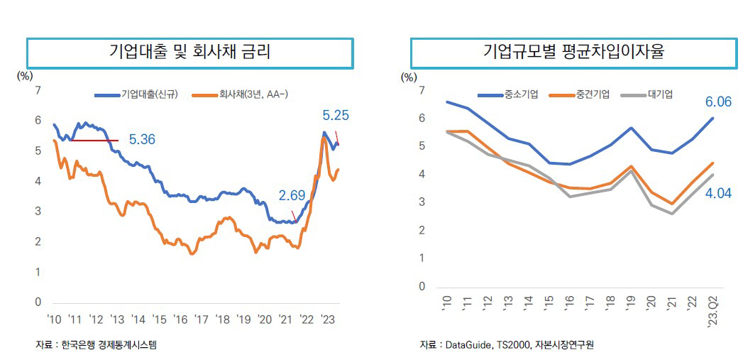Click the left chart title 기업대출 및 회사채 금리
(x=189, y=52)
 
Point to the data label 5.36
(x=142, y=140)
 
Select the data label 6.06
(x=718, y=102)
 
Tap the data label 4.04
(x=718, y=192)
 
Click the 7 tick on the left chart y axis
(x=38, y=90)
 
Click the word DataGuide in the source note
(x=466, y=345)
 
